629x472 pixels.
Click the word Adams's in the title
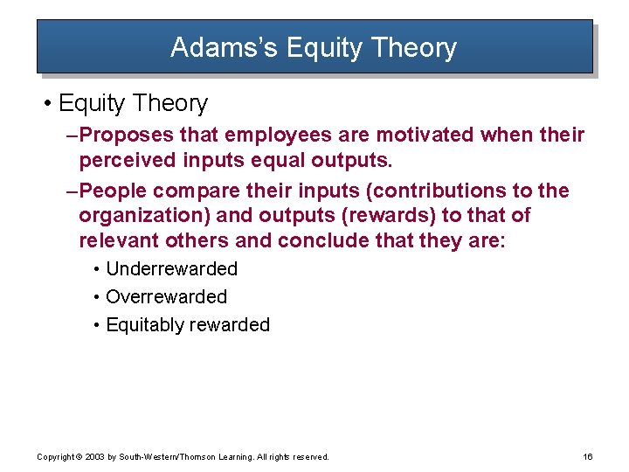[x=212, y=47]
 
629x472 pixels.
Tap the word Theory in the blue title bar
[x=413, y=47]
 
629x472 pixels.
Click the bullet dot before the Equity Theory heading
[x=45, y=104]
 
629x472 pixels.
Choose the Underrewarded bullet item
[x=171, y=269]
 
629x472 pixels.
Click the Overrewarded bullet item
[x=166, y=297]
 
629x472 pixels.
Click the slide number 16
[x=587, y=457]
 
